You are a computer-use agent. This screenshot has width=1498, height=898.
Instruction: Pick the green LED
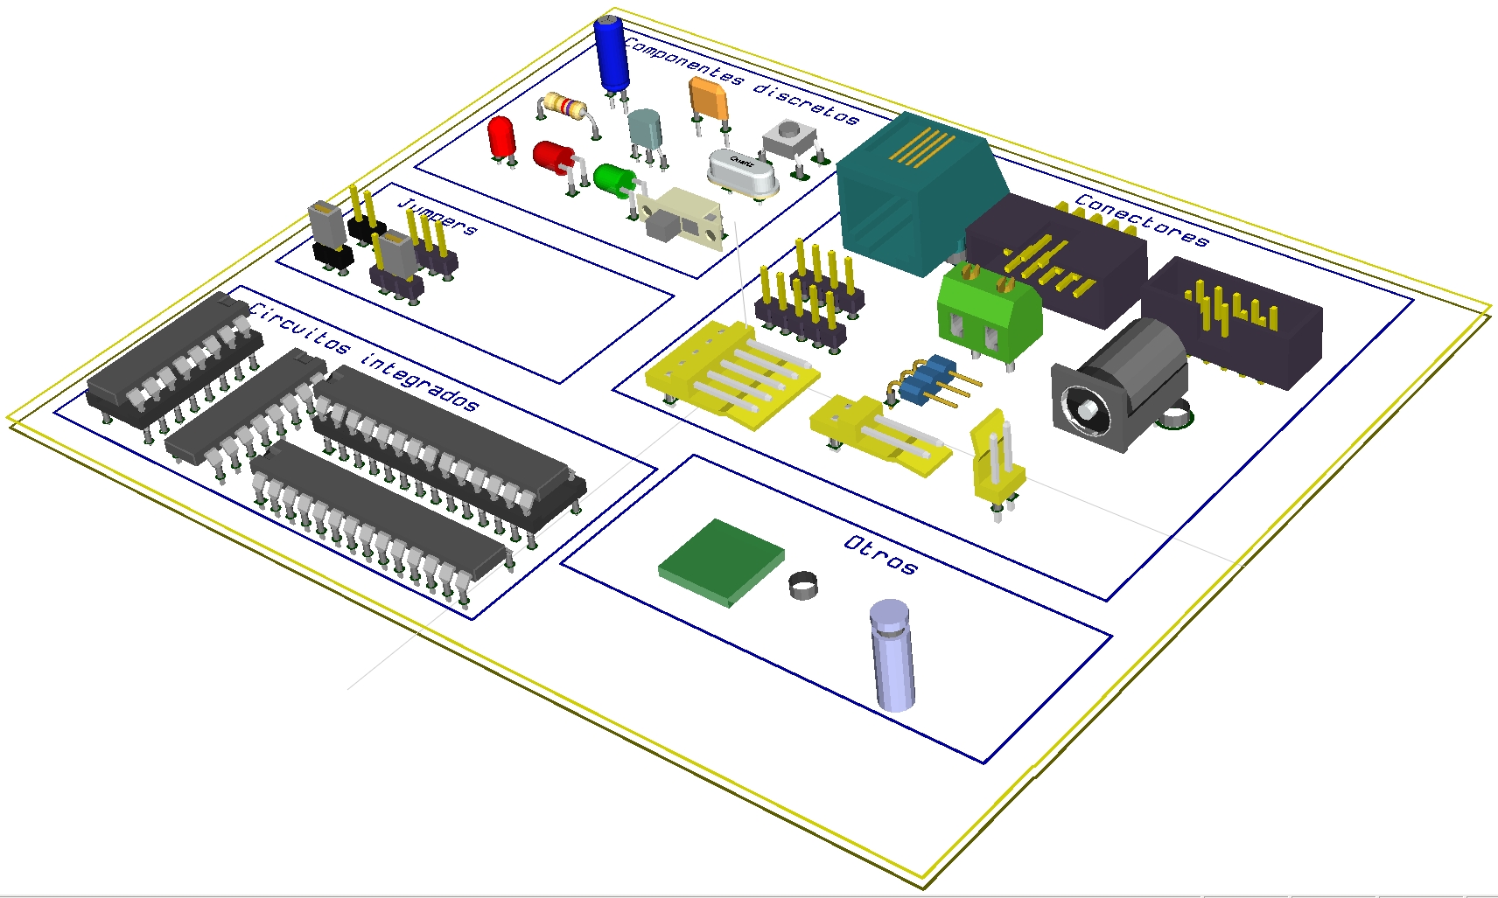coord(615,181)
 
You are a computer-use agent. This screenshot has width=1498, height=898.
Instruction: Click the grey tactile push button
coord(790,143)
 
